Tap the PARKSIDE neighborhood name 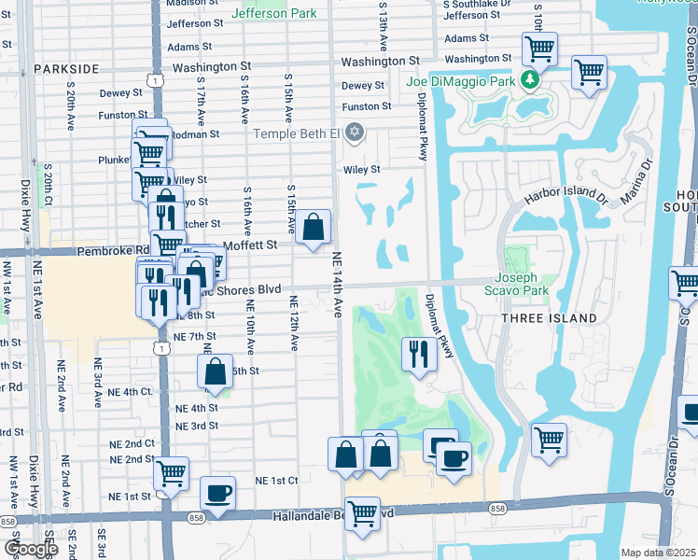coord(66,69)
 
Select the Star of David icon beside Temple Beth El coord(353,133)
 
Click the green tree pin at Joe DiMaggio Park coord(531,80)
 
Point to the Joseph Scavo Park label coord(516,284)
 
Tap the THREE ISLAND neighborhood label coord(549,318)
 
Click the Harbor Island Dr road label coord(565,197)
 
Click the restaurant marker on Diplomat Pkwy coord(418,354)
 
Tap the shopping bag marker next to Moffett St coord(314,227)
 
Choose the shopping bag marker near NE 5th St coord(215,371)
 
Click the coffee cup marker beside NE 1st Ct coord(217,493)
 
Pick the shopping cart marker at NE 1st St coord(171,474)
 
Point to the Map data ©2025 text coord(659,553)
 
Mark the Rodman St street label coord(199,133)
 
